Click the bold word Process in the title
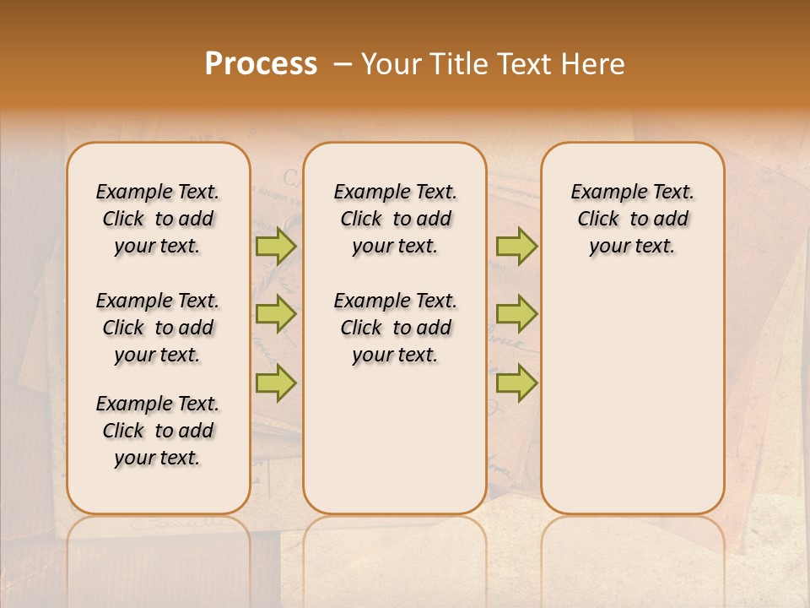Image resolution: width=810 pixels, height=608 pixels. (261, 64)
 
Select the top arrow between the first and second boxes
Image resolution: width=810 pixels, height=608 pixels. (276, 246)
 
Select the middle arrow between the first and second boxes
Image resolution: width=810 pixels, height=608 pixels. (276, 314)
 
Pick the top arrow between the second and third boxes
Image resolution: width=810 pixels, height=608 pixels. (516, 246)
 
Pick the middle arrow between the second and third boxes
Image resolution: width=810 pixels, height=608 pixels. (516, 314)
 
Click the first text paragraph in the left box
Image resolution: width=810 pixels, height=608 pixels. (158, 219)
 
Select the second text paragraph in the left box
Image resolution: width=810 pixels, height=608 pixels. (158, 328)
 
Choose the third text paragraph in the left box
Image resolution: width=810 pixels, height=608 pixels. (158, 431)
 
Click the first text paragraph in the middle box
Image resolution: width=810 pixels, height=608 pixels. (395, 219)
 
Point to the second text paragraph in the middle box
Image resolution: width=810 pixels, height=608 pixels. (395, 328)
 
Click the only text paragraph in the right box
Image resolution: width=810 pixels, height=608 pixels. (632, 219)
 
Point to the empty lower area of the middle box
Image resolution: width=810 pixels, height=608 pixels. (395, 439)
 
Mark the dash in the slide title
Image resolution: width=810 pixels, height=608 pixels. (342, 64)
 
